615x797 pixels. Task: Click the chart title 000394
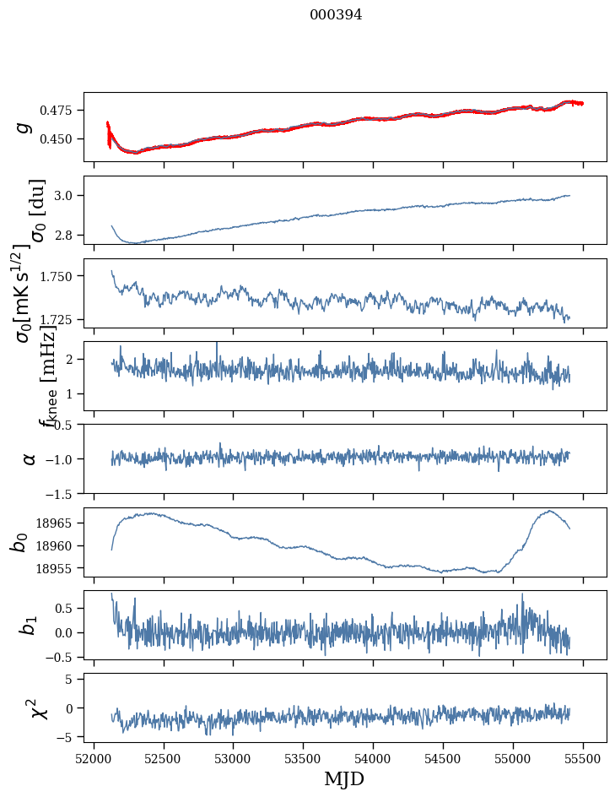[336, 14]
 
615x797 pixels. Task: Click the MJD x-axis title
[344, 778]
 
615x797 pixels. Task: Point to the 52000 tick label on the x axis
[94, 758]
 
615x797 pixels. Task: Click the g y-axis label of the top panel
[24, 127]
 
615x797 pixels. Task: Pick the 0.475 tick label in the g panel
[56, 111]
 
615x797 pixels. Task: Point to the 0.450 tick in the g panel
[56, 138]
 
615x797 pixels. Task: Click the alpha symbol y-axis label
[30, 458]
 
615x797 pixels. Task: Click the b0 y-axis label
[19, 542]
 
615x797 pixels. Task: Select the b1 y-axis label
[28, 625]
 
